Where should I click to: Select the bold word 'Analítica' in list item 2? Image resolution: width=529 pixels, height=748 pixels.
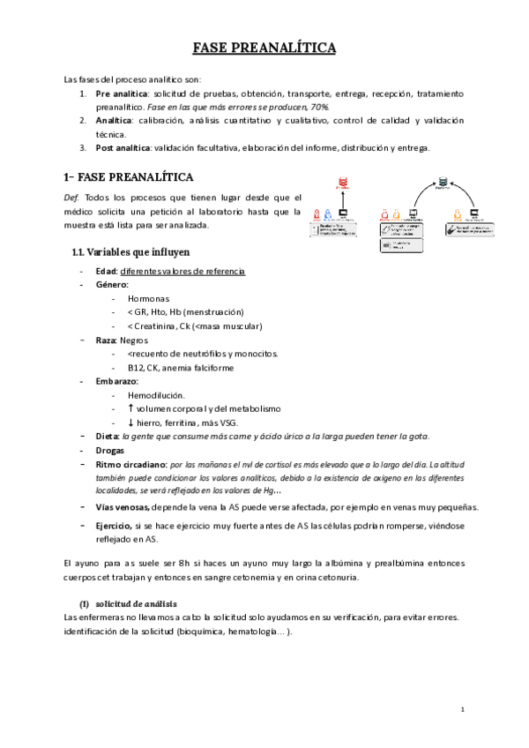(114, 120)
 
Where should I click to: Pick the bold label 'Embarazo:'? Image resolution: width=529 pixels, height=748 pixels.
(115, 381)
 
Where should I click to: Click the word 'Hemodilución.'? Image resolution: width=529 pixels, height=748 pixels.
(156, 395)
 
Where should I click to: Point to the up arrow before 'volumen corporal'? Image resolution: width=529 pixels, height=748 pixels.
(130, 408)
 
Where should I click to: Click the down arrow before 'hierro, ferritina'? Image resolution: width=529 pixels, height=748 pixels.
(130, 423)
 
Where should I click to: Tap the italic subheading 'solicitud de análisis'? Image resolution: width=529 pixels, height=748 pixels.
(136, 602)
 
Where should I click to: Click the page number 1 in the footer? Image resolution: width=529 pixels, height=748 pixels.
(463, 709)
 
